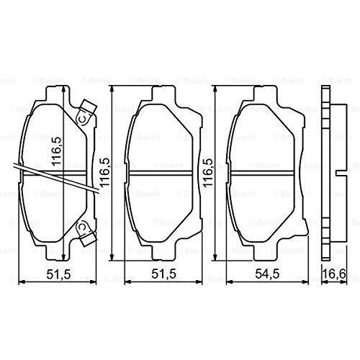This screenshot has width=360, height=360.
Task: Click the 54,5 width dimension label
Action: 267,274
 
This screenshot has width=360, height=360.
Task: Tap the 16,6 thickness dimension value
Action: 334,274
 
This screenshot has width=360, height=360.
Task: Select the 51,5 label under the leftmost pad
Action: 58,274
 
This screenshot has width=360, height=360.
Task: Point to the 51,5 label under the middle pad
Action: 164,274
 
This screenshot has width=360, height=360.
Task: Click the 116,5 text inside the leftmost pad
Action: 57,151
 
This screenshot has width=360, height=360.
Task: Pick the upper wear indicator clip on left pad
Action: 87,112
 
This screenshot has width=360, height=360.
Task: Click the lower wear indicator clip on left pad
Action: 86,232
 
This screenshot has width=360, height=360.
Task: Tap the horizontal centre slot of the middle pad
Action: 161,174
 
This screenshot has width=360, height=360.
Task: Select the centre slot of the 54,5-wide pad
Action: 262,174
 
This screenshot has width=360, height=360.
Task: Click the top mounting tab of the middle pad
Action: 163,92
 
